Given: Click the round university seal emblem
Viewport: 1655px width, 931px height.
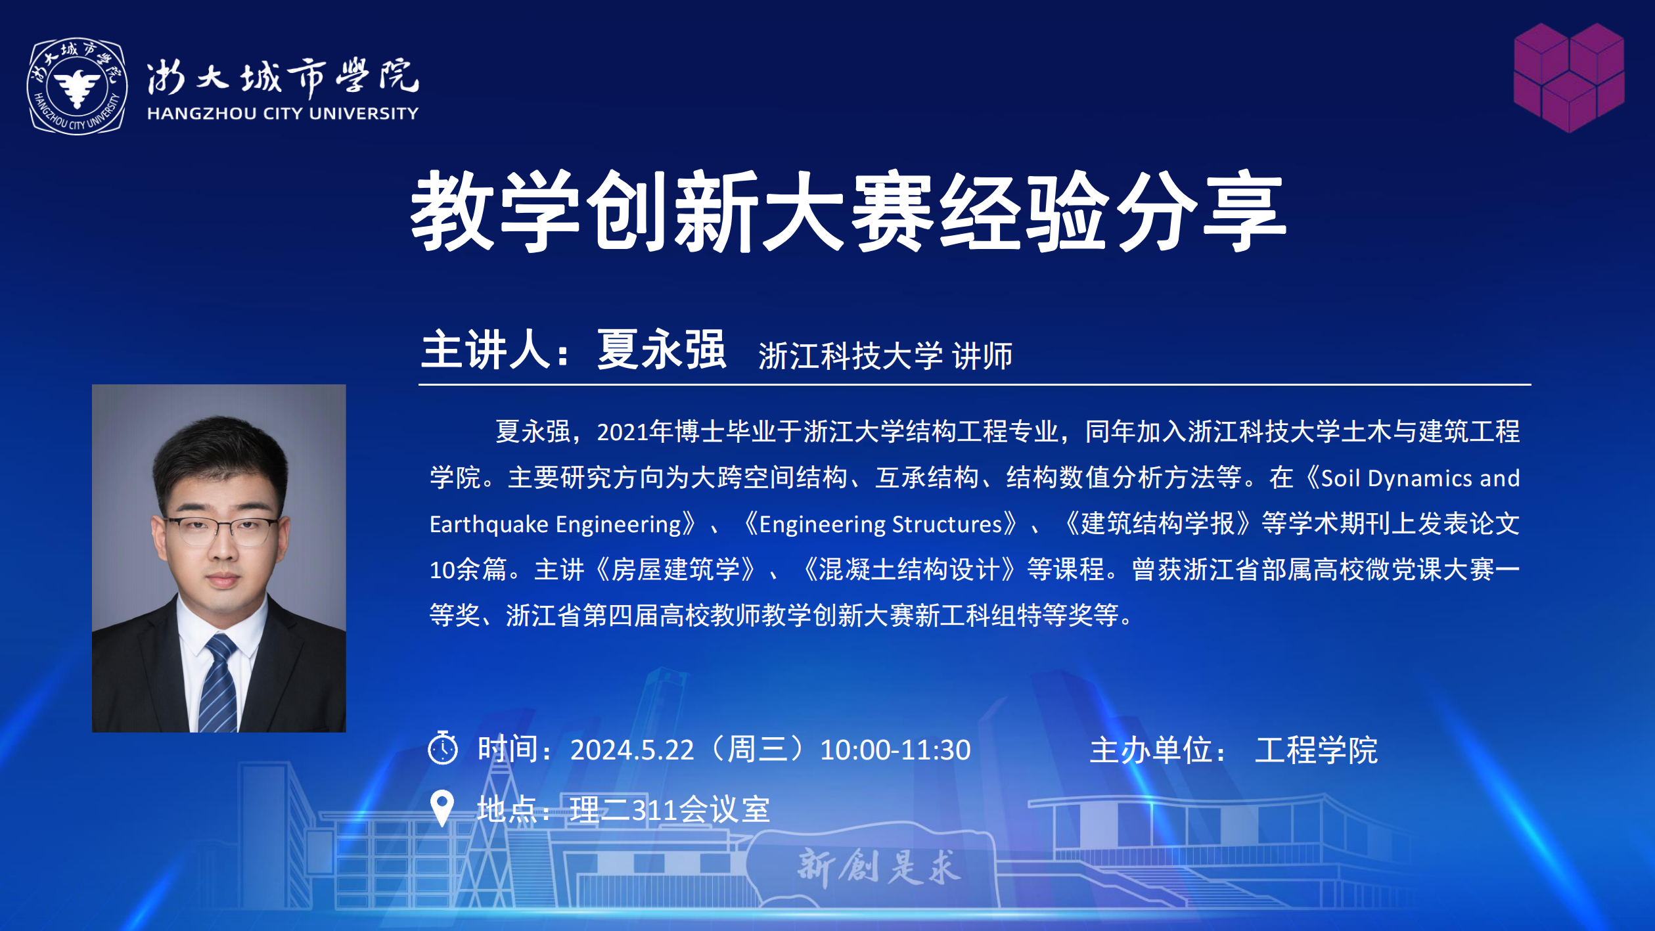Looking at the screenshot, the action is [77, 86].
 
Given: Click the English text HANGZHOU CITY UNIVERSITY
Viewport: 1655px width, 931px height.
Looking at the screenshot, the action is [283, 114].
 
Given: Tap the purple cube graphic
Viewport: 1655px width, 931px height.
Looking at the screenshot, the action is [1569, 78].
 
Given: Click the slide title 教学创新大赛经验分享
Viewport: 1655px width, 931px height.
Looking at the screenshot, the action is [848, 211].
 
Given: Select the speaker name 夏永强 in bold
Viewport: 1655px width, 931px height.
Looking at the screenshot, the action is [662, 350].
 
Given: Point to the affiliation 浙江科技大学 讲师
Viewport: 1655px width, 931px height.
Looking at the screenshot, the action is [885, 356].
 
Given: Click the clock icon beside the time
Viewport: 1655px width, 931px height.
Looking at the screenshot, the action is [443, 748].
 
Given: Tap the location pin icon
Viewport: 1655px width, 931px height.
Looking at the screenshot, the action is [442, 807].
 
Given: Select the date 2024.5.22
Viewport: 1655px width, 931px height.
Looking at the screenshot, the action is [631, 750].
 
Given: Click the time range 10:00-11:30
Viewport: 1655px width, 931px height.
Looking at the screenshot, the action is [895, 750].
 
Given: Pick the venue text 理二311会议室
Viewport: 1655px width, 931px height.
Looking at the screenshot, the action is [669, 809].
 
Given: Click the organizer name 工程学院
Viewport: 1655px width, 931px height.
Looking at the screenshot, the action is [1316, 750].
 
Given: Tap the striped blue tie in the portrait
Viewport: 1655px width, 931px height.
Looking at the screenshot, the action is [219, 684].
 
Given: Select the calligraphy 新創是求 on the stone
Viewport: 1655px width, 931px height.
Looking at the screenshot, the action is [879, 866].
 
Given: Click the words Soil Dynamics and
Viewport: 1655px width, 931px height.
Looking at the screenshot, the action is [1420, 478].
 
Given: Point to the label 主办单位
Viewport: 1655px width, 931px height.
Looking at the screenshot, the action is [1150, 750].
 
